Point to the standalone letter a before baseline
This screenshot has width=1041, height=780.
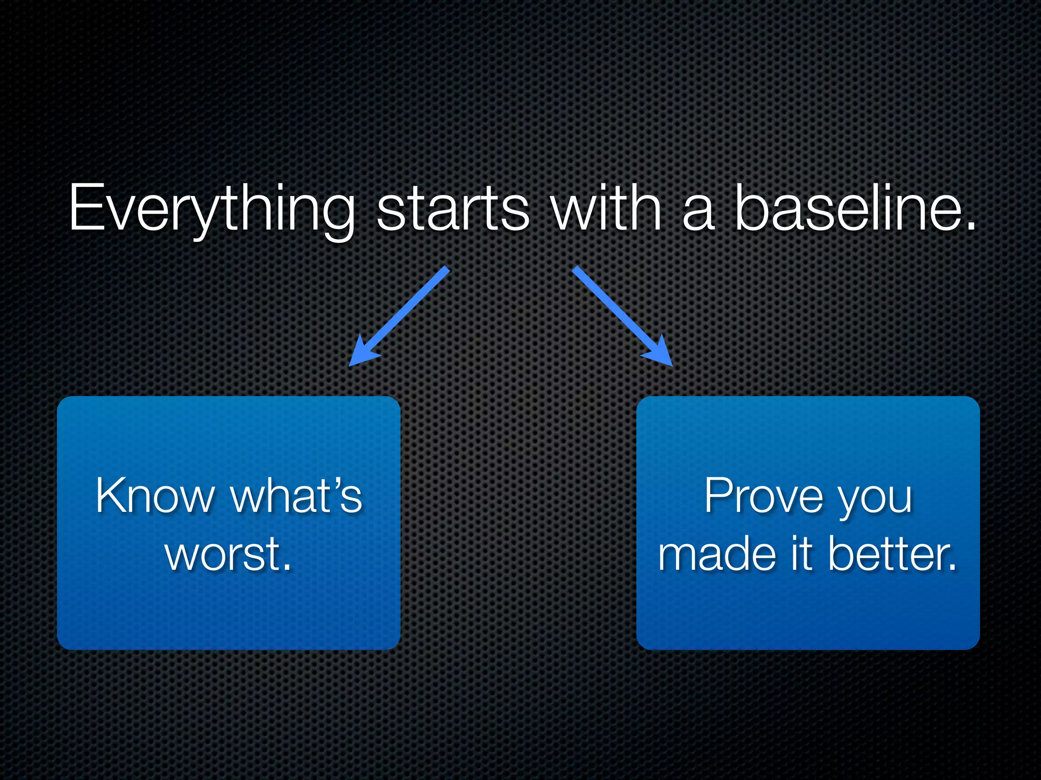tap(698, 213)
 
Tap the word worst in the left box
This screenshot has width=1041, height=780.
tap(222, 554)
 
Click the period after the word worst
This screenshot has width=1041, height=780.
tap(288, 568)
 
